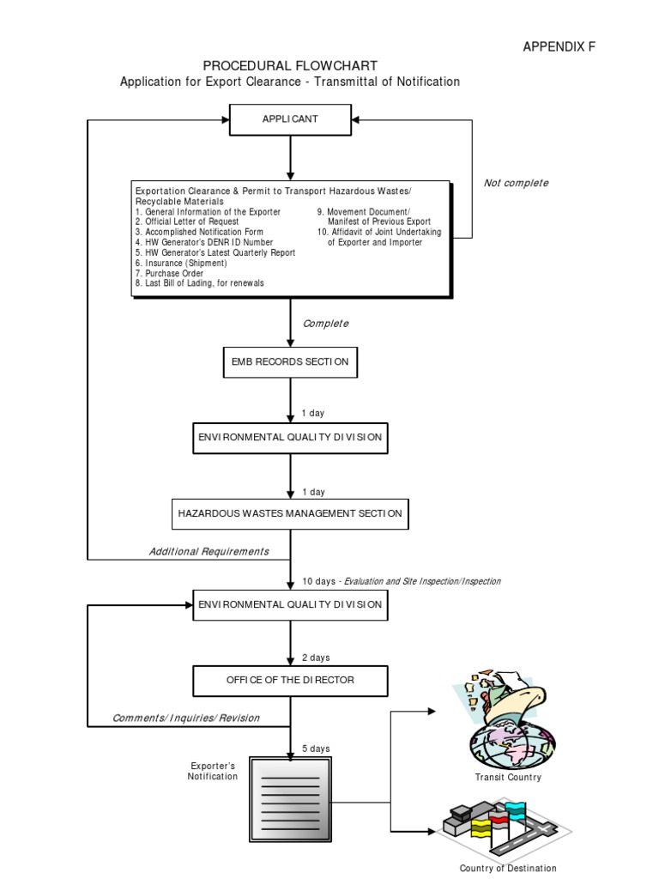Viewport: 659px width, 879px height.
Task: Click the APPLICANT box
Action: [290, 119]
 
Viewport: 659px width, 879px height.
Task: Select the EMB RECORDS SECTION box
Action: [290, 362]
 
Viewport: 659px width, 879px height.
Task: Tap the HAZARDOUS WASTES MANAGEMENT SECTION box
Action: [290, 513]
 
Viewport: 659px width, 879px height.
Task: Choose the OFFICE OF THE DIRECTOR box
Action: [290, 680]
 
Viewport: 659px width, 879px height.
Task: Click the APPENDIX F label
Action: [559, 47]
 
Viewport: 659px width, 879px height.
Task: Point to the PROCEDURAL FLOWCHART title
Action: [290, 66]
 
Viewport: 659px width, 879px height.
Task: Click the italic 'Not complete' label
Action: [516, 183]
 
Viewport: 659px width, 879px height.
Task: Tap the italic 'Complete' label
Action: [325, 324]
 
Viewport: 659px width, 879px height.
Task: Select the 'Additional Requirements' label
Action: [209, 551]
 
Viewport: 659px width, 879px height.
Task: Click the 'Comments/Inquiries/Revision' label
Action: [186, 718]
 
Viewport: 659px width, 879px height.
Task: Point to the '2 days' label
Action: [316, 658]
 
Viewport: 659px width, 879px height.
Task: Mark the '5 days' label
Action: [316, 749]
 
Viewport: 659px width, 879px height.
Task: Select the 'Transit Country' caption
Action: [508, 778]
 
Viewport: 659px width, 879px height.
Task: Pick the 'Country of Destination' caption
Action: [508, 868]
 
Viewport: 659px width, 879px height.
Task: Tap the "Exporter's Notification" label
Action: [213, 770]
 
